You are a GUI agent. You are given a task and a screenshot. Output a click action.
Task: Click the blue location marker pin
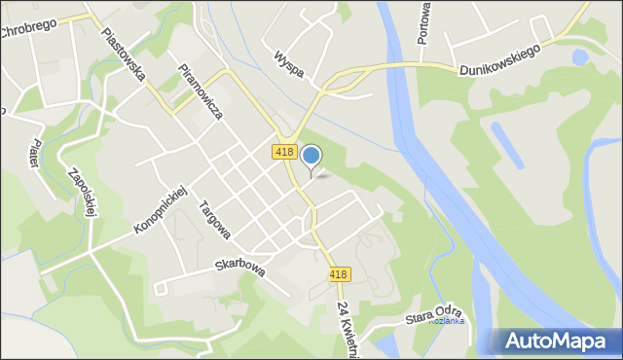311,157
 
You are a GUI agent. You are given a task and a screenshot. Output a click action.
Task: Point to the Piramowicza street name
201,91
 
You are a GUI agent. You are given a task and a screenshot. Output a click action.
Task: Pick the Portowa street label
423,24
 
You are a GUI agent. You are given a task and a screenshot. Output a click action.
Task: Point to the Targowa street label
213,220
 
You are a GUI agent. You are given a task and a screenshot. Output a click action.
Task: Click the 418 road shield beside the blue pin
284,152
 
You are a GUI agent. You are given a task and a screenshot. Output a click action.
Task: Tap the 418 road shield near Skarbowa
338,275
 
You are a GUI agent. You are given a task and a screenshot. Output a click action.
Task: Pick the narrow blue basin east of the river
505,146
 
